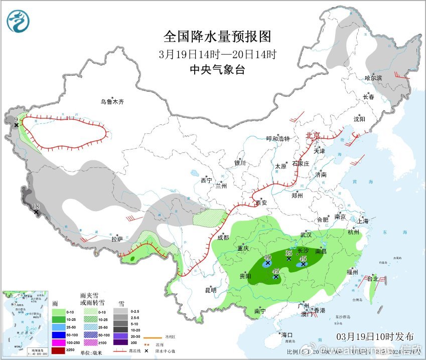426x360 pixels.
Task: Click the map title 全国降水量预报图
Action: click(217, 37)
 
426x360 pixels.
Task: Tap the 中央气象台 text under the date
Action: click(217, 70)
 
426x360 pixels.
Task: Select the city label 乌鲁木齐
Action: click(111, 101)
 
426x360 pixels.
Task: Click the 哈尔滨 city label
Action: click(373, 78)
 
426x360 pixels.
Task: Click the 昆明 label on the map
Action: click(210, 290)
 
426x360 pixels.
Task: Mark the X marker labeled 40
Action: click(268, 263)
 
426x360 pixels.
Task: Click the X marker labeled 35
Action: click(289, 258)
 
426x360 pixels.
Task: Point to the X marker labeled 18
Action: click(36, 213)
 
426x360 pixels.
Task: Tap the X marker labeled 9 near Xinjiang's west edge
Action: click(17, 125)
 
